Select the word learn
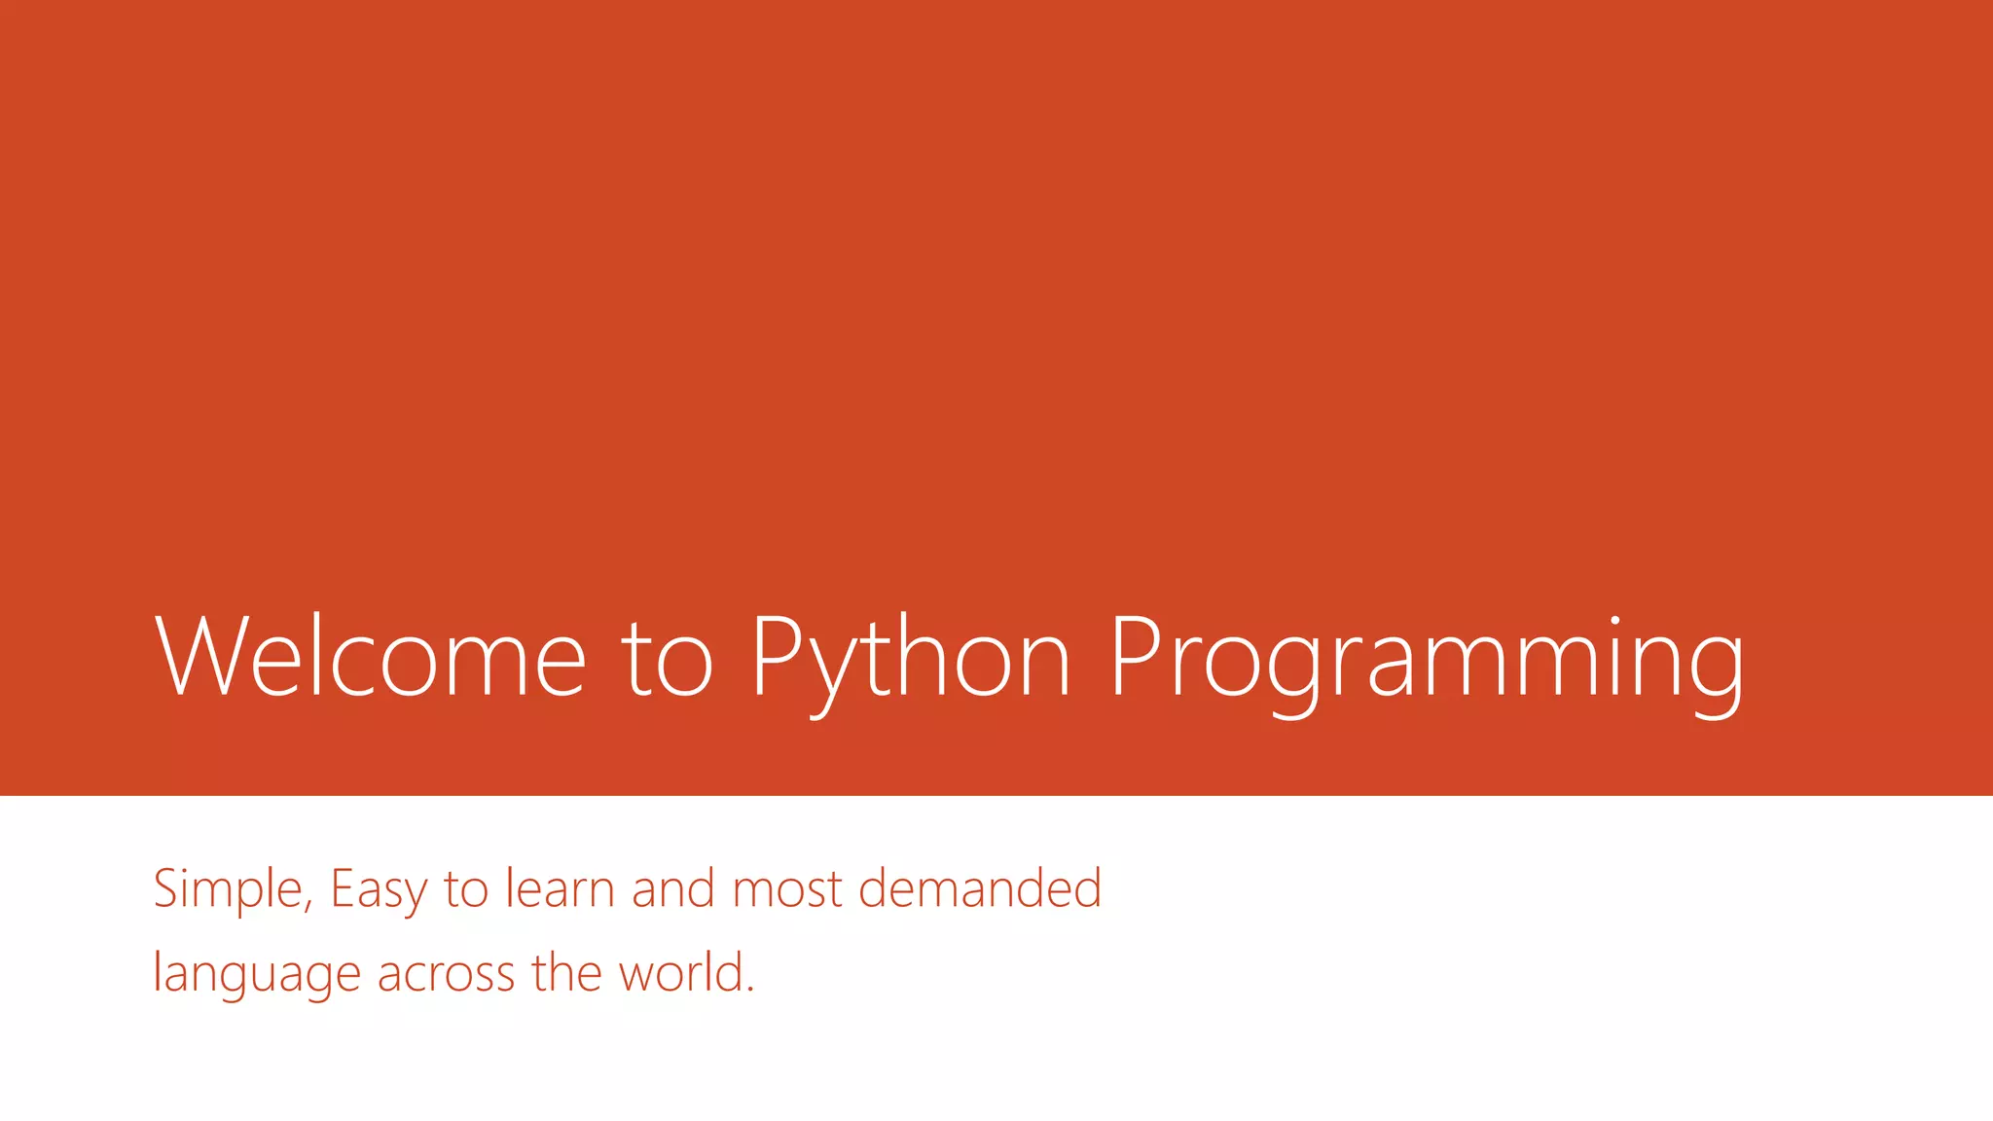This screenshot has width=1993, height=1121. pos(560,888)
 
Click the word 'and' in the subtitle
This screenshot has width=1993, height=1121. pos(673,888)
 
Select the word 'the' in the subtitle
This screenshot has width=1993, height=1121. pos(565,972)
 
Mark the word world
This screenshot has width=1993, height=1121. pos(682,972)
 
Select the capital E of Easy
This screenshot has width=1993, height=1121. pos(342,888)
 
